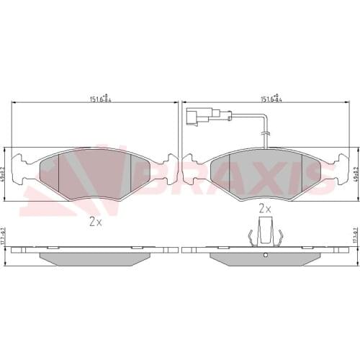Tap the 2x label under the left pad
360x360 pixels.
tap(95, 222)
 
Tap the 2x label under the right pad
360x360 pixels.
tap(264, 208)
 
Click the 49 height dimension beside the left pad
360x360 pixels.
tap(5, 173)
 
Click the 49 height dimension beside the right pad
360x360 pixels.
tap(356, 173)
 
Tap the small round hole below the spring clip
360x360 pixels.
tap(264, 256)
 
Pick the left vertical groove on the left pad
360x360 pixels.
tap(59, 173)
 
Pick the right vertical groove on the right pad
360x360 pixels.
tap(300, 173)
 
